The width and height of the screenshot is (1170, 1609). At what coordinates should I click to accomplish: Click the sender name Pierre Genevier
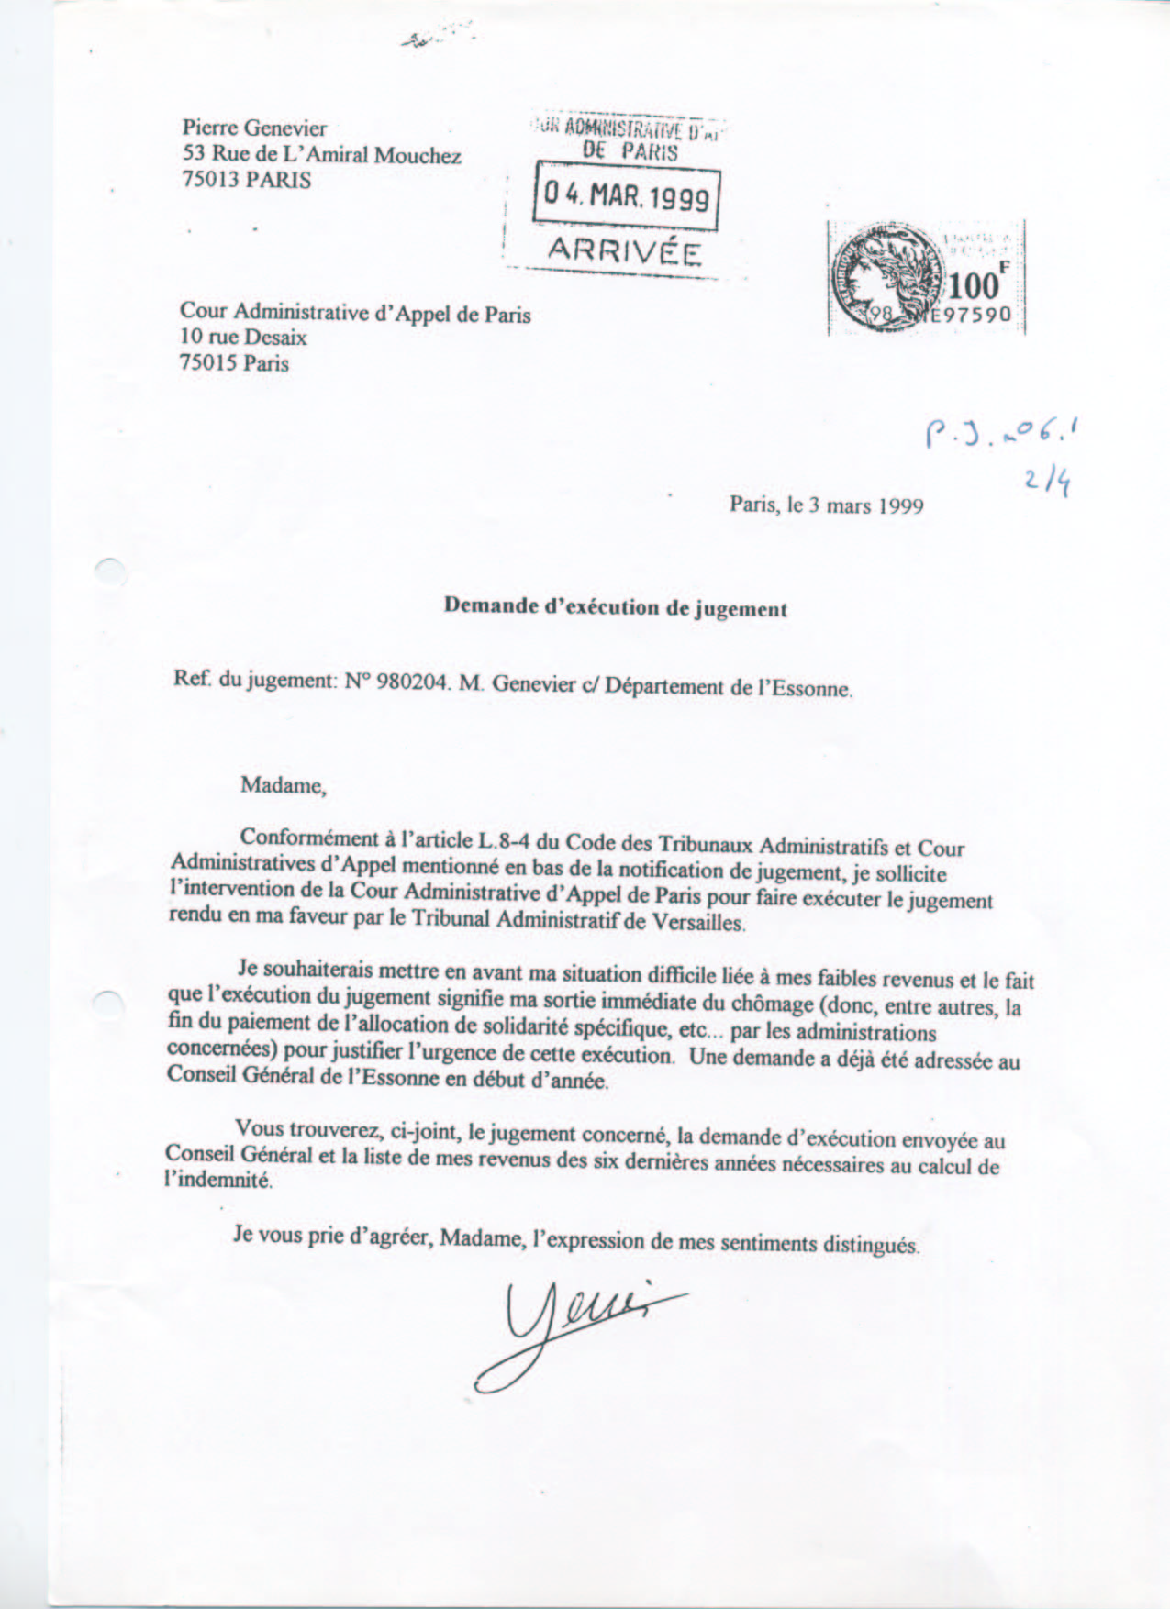pyautogui.click(x=254, y=128)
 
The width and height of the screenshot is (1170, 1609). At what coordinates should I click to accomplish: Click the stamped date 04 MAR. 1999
pyautogui.click(x=627, y=196)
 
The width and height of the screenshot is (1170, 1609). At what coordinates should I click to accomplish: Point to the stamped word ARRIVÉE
pyautogui.click(x=624, y=250)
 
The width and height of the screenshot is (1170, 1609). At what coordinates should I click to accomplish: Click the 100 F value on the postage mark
pyautogui.click(x=977, y=284)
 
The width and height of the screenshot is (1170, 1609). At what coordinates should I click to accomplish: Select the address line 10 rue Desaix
pyautogui.click(x=243, y=338)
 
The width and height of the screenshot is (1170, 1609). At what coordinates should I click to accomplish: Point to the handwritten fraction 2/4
pyautogui.click(x=1047, y=480)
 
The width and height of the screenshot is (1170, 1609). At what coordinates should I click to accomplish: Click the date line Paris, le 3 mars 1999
pyautogui.click(x=826, y=505)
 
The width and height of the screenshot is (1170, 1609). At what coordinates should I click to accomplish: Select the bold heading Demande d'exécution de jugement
pyautogui.click(x=615, y=607)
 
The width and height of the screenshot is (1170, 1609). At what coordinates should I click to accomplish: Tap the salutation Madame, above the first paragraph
pyautogui.click(x=283, y=785)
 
